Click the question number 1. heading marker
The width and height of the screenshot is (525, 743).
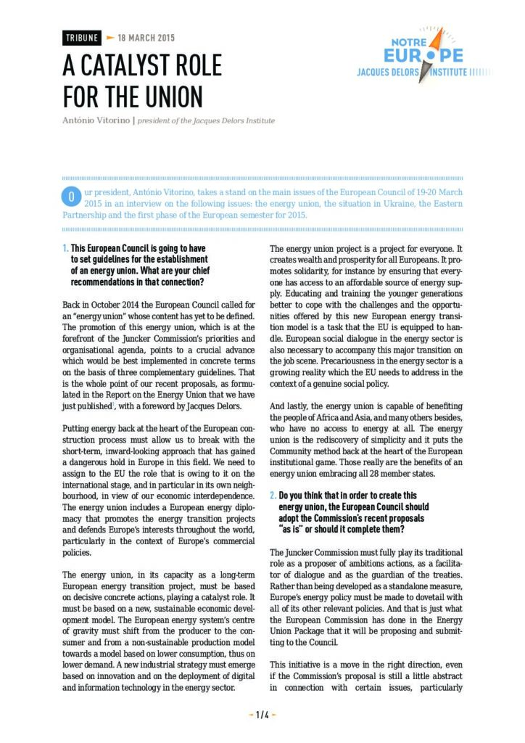(x=65, y=248)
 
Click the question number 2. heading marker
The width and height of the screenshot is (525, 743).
(x=273, y=496)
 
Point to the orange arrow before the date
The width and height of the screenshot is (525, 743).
(x=110, y=38)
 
